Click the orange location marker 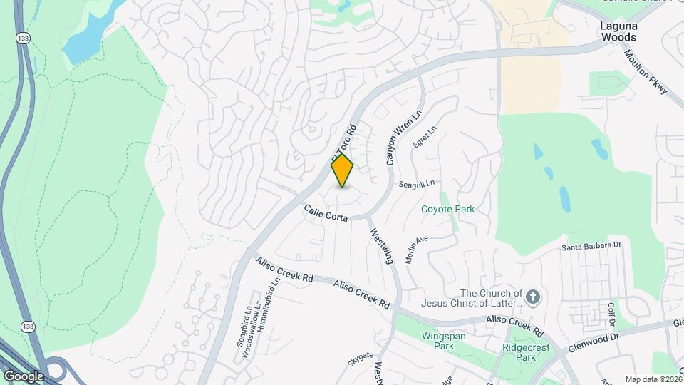tap(342, 170)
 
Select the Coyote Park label tap(447, 210)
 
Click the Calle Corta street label tap(326, 212)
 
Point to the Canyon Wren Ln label tap(395, 138)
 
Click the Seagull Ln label tap(417, 184)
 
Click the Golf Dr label tap(611, 312)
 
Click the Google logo tap(24, 376)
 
